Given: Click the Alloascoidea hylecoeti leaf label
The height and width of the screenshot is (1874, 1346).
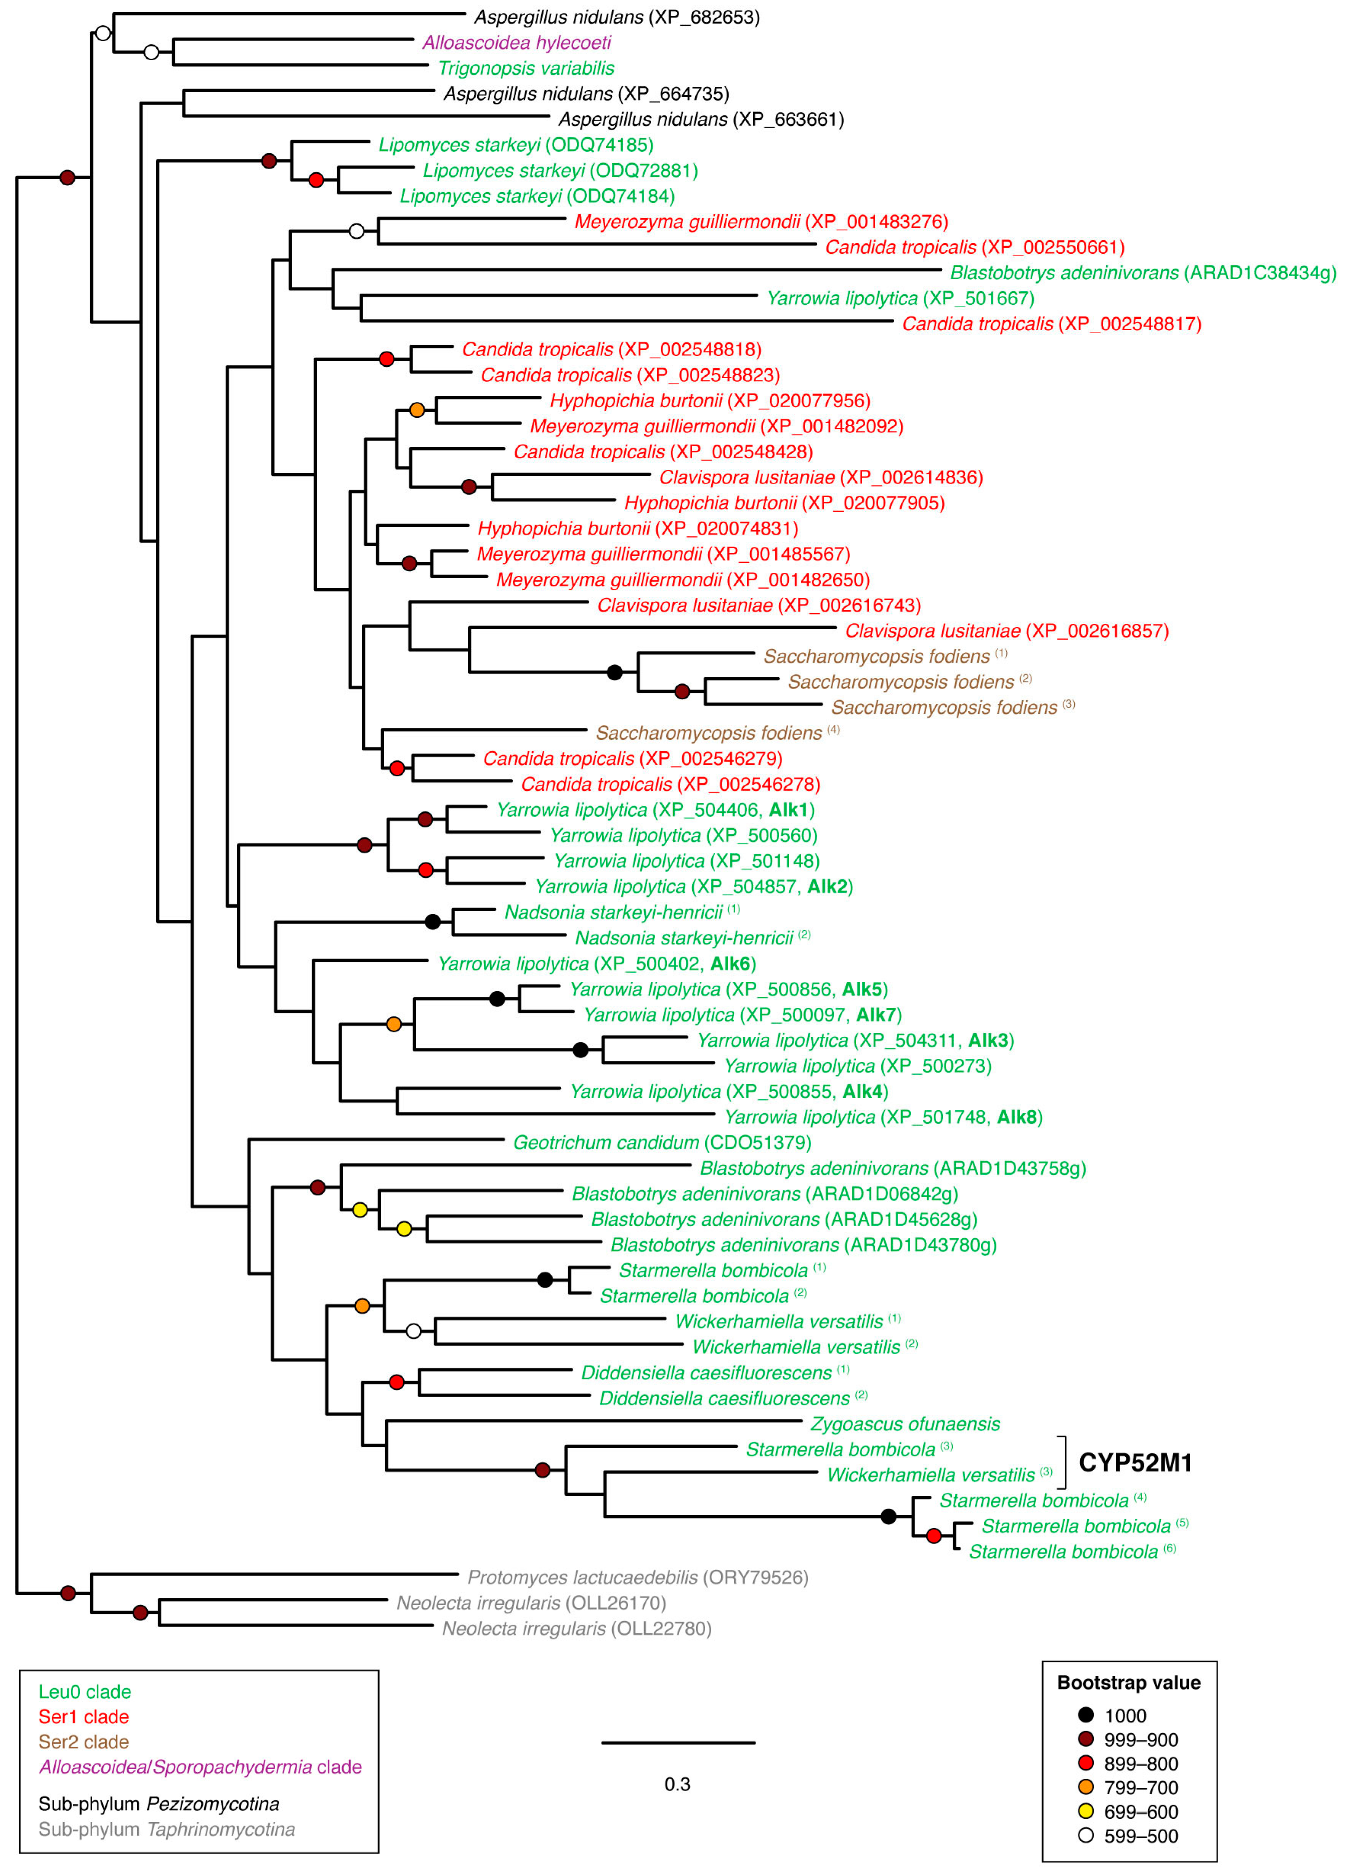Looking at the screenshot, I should click(x=517, y=43).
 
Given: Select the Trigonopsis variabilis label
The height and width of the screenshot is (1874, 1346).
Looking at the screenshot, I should click(x=526, y=69).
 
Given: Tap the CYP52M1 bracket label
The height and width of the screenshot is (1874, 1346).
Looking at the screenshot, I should click(x=1135, y=1463).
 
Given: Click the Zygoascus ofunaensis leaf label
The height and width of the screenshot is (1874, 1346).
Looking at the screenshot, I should click(x=905, y=1424).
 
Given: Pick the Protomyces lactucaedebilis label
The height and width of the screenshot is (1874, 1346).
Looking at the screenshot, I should click(x=637, y=1577).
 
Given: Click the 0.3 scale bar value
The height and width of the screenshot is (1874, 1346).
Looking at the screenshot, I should click(x=677, y=1784).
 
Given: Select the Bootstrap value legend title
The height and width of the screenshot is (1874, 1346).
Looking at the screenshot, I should click(x=1129, y=1682).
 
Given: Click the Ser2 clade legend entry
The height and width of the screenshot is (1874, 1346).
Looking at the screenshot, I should click(x=83, y=1742).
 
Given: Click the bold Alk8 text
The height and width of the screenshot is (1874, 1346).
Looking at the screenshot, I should click(x=1017, y=1117).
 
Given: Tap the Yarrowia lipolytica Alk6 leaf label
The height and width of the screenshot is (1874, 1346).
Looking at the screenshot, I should click(x=597, y=963).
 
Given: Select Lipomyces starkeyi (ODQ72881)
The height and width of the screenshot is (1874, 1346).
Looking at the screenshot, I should click(x=560, y=171).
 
